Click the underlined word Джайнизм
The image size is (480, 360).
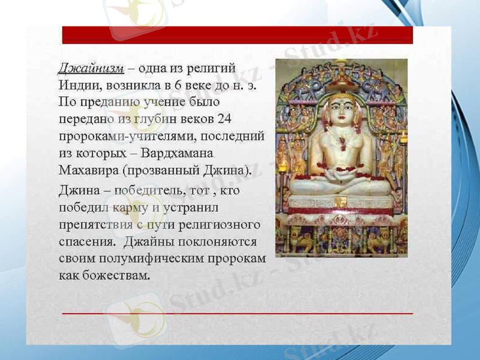pyautogui.click(x=91, y=68)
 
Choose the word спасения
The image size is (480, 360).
pyautogui.click(x=86, y=242)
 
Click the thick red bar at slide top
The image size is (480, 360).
pyautogui.click(x=238, y=35)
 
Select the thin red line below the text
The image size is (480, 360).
pyautogui.click(x=238, y=313)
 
